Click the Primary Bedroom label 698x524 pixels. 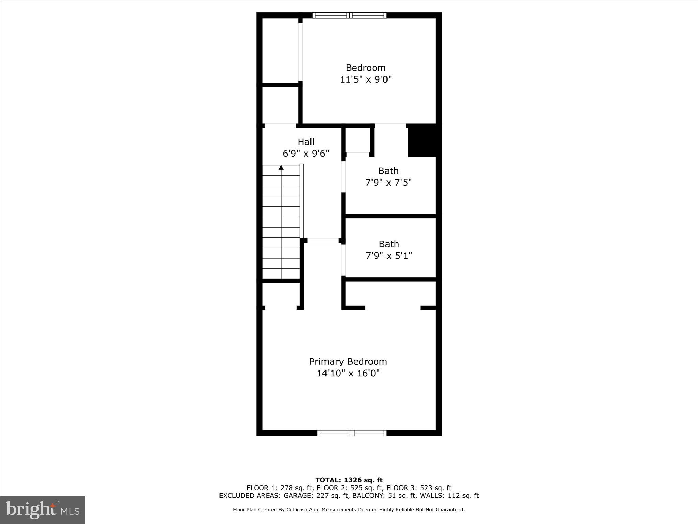(x=348, y=361)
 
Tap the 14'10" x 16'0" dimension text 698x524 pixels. (x=348, y=373)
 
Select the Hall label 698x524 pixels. (x=306, y=142)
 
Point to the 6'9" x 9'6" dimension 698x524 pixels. (x=306, y=154)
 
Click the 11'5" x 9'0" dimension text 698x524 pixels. (x=366, y=79)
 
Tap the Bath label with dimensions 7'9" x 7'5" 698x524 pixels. (x=389, y=171)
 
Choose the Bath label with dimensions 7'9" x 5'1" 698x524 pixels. (x=389, y=244)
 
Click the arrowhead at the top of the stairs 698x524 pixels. (x=281, y=168)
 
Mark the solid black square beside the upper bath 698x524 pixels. (x=422, y=141)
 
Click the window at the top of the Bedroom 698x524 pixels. (x=349, y=15)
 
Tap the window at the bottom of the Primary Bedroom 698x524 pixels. (x=352, y=433)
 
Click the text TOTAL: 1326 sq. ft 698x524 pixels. (x=349, y=480)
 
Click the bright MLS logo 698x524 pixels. (x=43, y=510)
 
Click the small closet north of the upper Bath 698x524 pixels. (x=358, y=140)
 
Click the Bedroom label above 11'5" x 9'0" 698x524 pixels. (x=366, y=68)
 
